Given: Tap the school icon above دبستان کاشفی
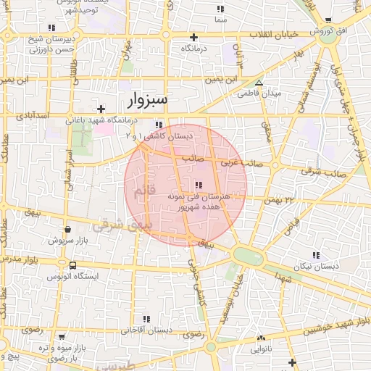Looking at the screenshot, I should (x=159, y=125).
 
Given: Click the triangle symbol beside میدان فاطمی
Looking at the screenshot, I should (x=259, y=83).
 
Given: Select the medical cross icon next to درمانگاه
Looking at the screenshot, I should (x=193, y=37).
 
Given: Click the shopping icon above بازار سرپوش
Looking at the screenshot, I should (x=67, y=229).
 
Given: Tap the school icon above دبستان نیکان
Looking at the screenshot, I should (x=315, y=255).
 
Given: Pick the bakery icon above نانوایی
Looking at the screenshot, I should (x=262, y=337).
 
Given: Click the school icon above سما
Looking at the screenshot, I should (x=220, y=9).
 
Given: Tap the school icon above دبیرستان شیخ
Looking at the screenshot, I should (x=51, y=28).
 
